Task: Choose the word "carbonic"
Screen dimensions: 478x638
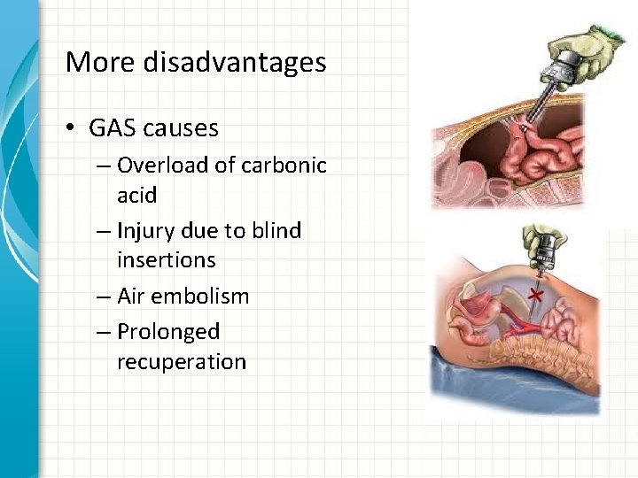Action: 288,166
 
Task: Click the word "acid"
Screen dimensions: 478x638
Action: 136,195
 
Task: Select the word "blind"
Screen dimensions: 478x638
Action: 276,231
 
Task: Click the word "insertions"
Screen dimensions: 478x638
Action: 166,260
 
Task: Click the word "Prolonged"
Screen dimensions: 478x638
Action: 168,333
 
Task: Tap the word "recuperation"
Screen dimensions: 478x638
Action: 181,362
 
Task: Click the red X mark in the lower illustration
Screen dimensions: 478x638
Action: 534,294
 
